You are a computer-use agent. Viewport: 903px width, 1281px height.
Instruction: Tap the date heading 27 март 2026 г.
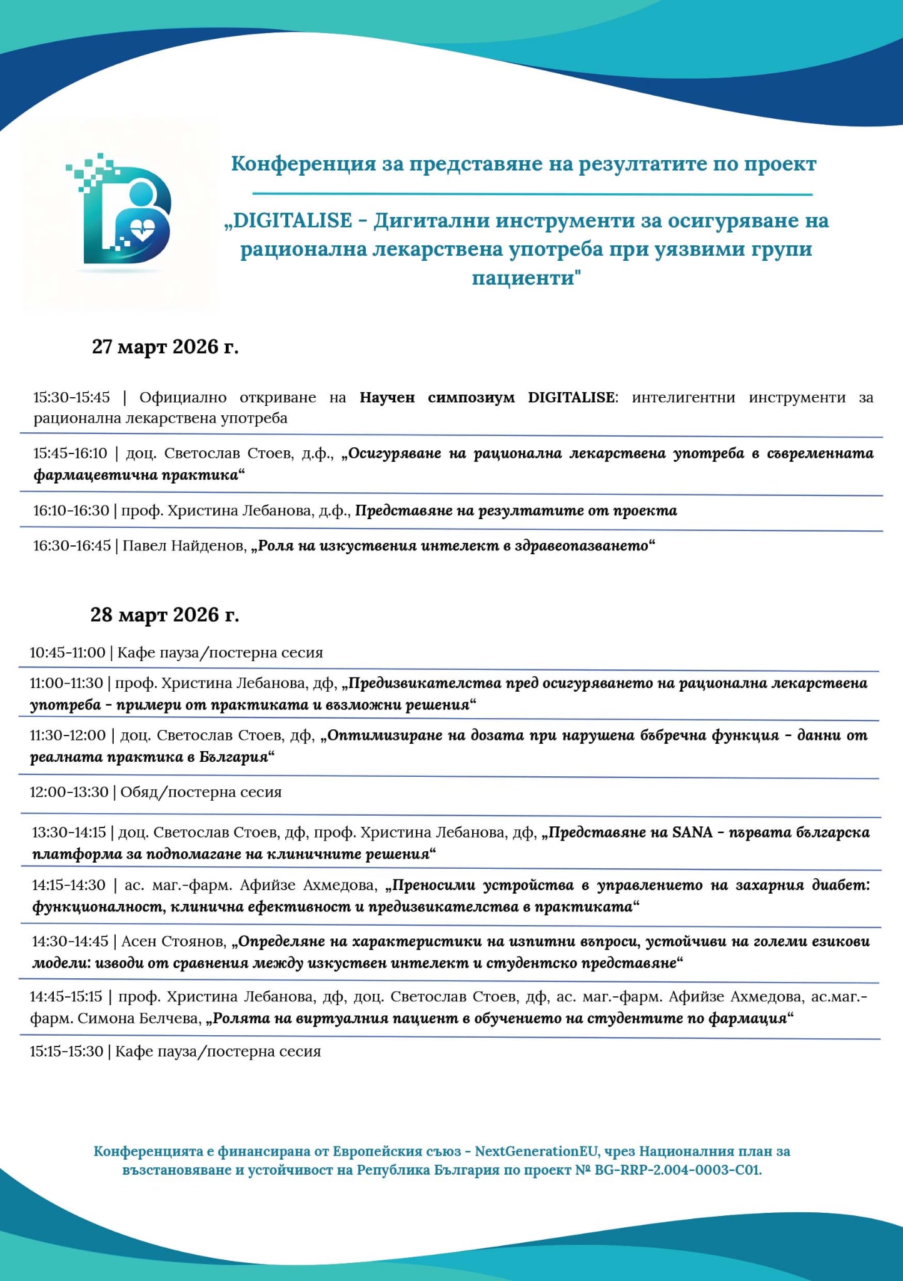point(165,347)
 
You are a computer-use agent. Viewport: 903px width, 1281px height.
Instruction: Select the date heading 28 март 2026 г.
point(164,615)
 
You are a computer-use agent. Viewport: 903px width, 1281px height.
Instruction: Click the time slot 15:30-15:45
point(71,397)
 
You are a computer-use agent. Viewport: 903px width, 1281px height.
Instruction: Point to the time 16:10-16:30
point(71,510)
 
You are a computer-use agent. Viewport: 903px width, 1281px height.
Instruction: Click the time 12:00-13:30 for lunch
point(69,792)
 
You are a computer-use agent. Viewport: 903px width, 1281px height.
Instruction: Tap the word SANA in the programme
point(692,833)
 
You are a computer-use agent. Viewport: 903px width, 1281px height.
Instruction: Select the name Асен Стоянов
point(173,941)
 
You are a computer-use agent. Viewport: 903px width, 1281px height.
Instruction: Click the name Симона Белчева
point(139,1018)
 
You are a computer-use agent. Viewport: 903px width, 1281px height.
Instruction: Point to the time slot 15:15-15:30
point(66,1051)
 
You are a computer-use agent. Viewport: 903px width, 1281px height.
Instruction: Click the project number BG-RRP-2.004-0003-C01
point(678,1170)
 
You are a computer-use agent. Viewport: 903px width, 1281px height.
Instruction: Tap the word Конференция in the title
point(303,164)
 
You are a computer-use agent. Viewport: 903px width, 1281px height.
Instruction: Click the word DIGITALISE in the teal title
point(292,221)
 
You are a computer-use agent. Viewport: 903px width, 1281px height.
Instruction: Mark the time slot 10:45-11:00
point(68,652)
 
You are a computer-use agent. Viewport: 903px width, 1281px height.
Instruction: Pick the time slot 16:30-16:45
point(72,545)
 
